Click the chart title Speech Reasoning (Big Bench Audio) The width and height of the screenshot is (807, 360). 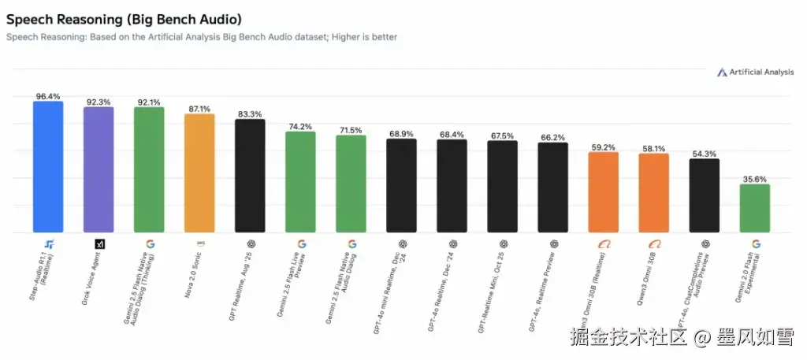click(x=124, y=18)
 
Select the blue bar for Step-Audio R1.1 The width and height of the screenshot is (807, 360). click(x=48, y=167)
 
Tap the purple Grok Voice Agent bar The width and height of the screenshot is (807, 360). click(x=99, y=170)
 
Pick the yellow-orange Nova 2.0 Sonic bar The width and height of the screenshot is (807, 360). click(x=199, y=173)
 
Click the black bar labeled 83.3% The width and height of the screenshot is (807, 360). click(x=250, y=176)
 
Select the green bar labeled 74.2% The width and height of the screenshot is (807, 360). click(x=300, y=182)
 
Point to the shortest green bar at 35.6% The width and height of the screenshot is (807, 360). click(x=754, y=209)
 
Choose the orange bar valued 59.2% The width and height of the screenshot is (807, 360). click(x=603, y=192)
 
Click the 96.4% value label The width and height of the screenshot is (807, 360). click(x=48, y=96)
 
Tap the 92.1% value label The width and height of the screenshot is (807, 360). click(x=149, y=102)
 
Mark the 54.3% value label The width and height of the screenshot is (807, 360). click(x=704, y=154)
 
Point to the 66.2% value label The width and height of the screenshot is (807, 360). click(x=552, y=137)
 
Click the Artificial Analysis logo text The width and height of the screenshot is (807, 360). click(x=761, y=72)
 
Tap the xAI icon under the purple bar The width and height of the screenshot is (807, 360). click(x=99, y=244)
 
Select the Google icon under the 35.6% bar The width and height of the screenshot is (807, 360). click(x=755, y=244)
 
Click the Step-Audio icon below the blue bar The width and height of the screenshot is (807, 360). click(x=49, y=244)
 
